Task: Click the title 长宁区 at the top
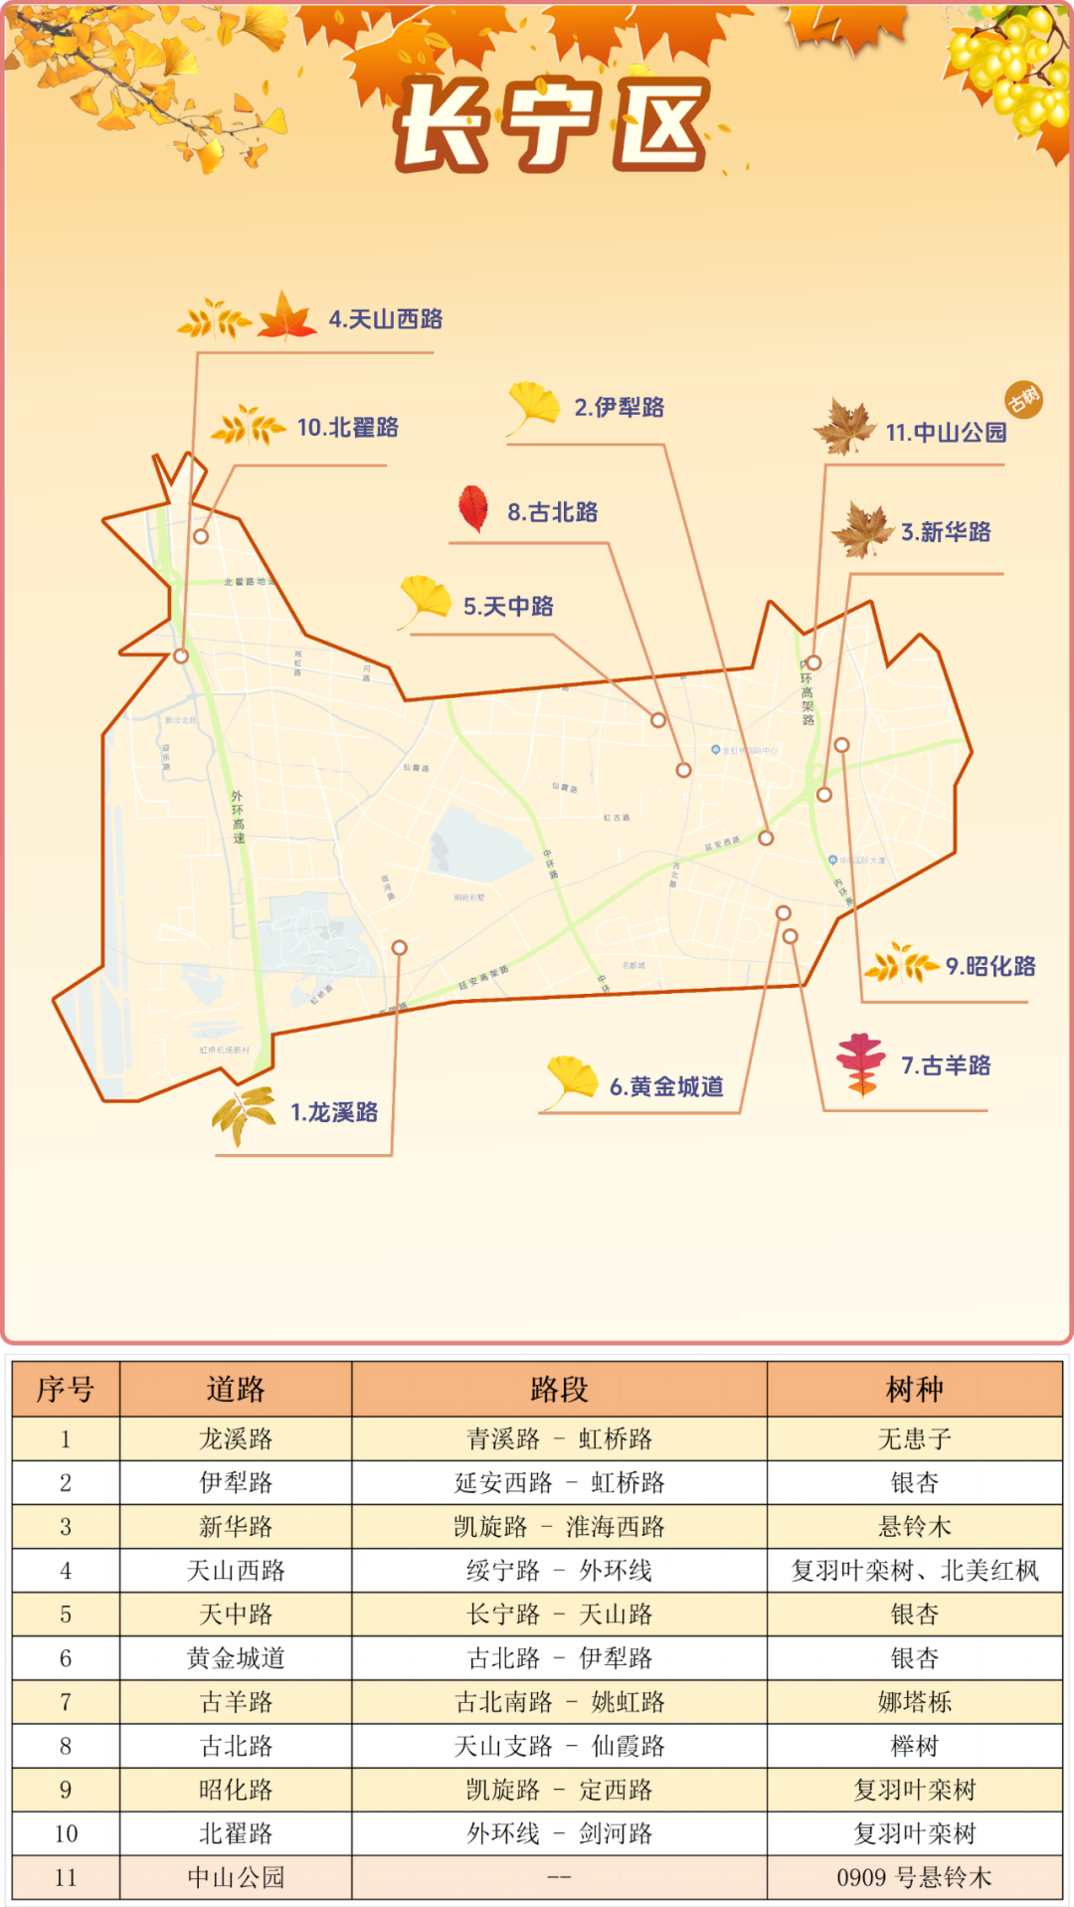pyautogui.click(x=553, y=123)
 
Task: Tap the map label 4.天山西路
pyautogui.click(x=386, y=319)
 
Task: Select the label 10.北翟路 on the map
pyautogui.click(x=347, y=428)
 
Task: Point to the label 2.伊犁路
pyautogui.click(x=619, y=407)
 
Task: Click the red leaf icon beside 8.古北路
pyautogui.click(x=473, y=508)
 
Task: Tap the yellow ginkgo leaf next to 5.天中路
pyautogui.click(x=425, y=600)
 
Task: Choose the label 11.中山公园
pyautogui.click(x=946, y=433)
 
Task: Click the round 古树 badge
pyautogui.click(x=1023, y=400)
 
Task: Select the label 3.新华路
pyautogui.click(x=946, y=532)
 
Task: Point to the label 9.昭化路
pyautogui.click(x=990, y=966)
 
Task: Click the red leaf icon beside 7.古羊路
pyautogui.click(x=860, y=1063)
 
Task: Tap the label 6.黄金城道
pyautogui.click(x=666, y=1086)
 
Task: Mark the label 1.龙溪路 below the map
pyautogui.click(x=334, y=1112)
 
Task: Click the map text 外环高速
pyautogui.click(x=238, y=817)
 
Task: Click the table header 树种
pyautogui.click(x=914, y=1389)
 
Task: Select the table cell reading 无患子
pyautogui.click(x=914, y=1438)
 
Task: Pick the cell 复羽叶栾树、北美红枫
pyautogui.click(x=914, y=1571)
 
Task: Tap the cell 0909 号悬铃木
pyautogui.click(x=914, y=1877)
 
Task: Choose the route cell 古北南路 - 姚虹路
pyautogui.click(x=559, y=1702)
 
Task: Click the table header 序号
pyautogui.click(x=66, y=1389)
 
